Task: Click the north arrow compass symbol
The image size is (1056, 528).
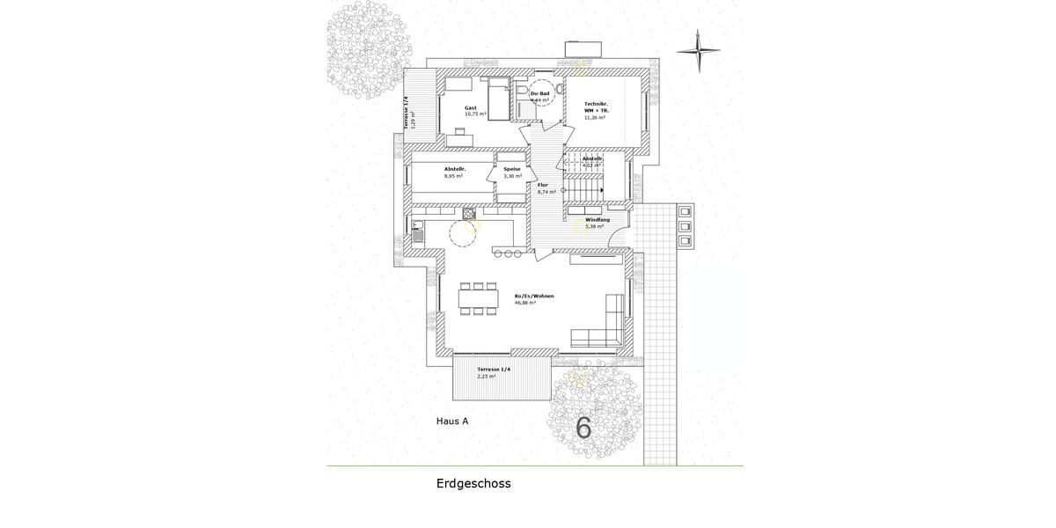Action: tap(699, 51)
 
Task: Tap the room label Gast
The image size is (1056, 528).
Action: tap(471, 107)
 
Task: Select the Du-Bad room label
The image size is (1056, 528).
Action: tap(539, 93)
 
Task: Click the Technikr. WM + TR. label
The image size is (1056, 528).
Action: tap(597, 107)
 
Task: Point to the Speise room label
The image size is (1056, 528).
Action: tap(512, 169)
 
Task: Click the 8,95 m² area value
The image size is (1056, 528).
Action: tap(453, 176)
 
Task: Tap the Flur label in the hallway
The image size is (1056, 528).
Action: tap(543, 185)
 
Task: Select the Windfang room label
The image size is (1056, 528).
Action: tap(598, 219)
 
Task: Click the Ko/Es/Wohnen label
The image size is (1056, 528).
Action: tap(534, 296)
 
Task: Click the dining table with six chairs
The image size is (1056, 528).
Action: tap(478, 297)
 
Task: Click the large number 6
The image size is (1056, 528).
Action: tap(583, 428)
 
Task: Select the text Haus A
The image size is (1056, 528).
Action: tap(452, 422)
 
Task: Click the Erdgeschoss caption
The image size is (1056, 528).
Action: tap(473, 484)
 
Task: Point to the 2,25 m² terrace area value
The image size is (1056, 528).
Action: tap(486, 376)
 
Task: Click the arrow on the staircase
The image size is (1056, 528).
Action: tap(602, 189)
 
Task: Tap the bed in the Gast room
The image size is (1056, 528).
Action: tap(498, 99)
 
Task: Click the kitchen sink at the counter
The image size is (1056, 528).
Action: tap(418, 235)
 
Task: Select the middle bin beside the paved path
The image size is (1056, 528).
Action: tap(685, 226)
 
